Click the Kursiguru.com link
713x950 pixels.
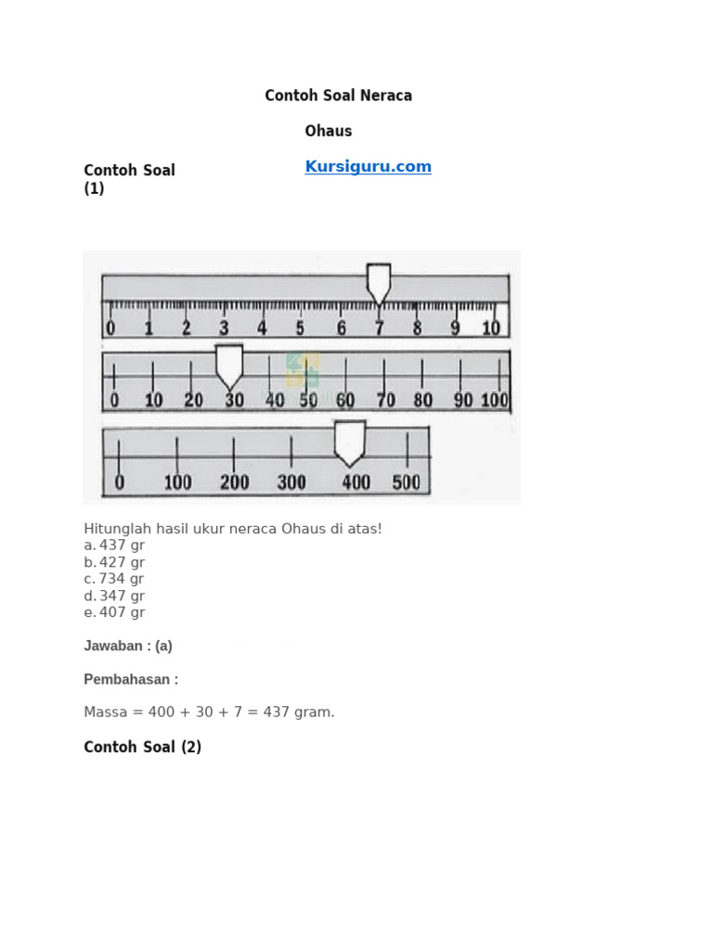368,167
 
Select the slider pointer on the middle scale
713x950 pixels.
229,366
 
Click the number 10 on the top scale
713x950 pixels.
491,328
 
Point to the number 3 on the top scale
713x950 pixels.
224,328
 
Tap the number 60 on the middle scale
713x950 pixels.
345,400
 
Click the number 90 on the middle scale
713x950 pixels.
463,400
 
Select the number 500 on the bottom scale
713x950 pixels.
407,482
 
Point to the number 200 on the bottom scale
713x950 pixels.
235,482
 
